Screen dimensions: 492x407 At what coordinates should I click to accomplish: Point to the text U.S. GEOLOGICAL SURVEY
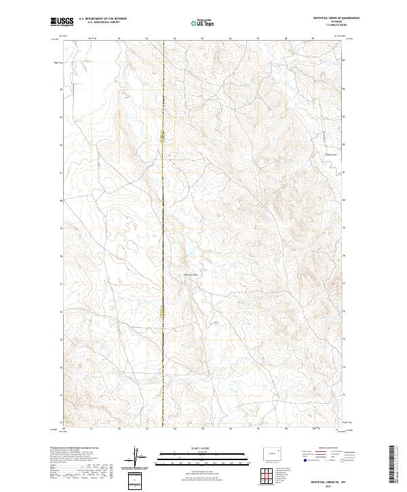[102, 22]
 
